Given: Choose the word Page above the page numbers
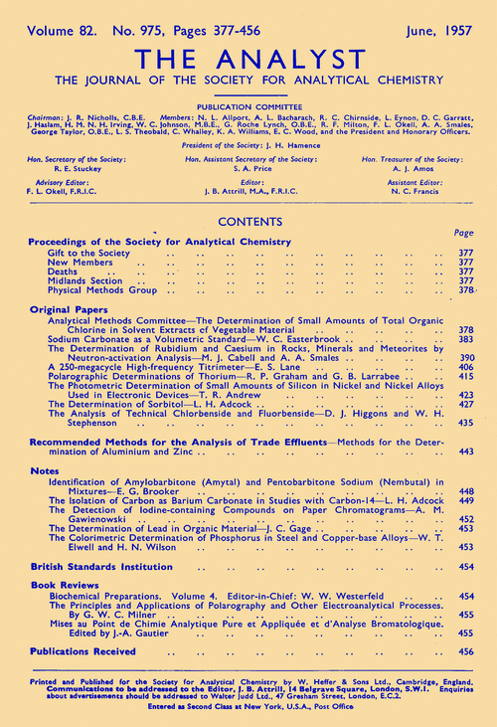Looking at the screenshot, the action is coord(463,232).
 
